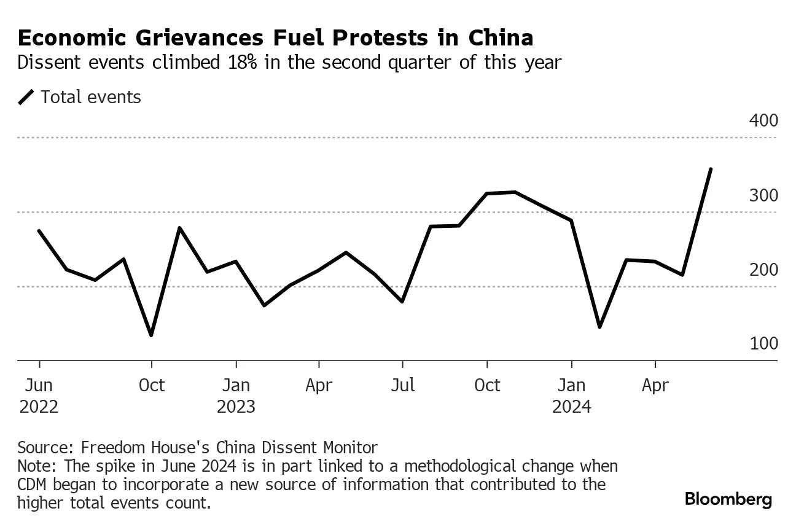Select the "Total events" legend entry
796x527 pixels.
pyautogui.click(x=90, y=97)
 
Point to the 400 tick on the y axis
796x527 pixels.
pyautogui.click(x=763, y=121)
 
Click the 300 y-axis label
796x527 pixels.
pyautogui.click(x=763, y=196)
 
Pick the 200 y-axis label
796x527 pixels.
pyautogui.click(x=763, y=270)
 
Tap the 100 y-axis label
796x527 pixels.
pyautogui.click(x=763, y=344)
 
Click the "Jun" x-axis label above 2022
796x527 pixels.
pyautogui.click(x=39, y=386)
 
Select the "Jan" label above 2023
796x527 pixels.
pyautogui.click(x=236, y=386)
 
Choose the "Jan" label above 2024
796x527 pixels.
pyautogui.click(x=571, y=386)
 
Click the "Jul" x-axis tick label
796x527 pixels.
pyautogui.click(x=402, y=386)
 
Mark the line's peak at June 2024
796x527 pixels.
pyautogui.click(x=711, y=169)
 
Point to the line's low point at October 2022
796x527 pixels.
pyautogui.click(x=151, y=335)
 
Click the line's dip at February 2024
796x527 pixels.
pyautogui.click(x=599, y=327)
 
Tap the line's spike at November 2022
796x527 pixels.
pyautogui.click(x=179, y=228)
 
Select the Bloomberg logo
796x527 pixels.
pyautogui.click(x=728, y=499)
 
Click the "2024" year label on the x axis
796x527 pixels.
pyautogui.click(x=571, y=407)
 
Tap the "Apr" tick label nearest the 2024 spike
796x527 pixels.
pyautogui.click(x=655, y=386)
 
